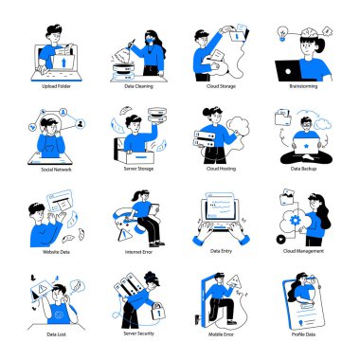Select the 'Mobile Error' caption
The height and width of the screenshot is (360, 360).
(220, 334)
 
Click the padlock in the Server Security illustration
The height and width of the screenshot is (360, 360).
(159, 310)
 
